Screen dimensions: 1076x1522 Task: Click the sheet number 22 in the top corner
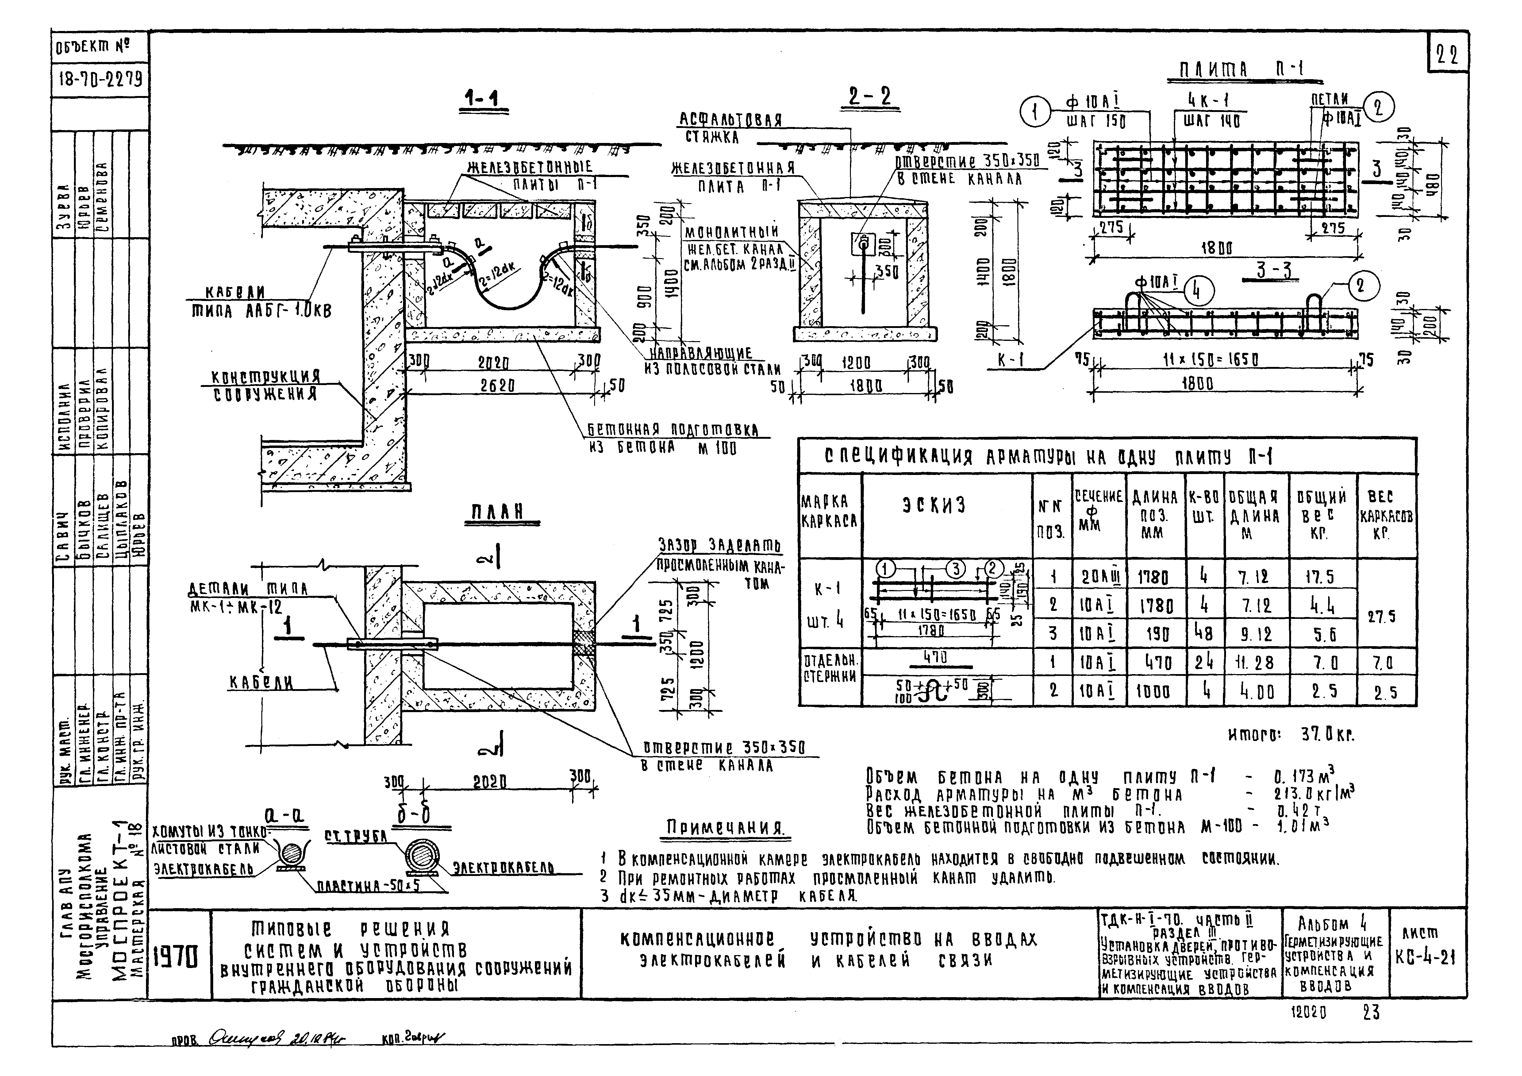coord(1448,54)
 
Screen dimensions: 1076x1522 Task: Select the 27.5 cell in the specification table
coord(1382,617)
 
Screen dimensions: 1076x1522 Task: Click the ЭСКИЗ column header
coord(933,506)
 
